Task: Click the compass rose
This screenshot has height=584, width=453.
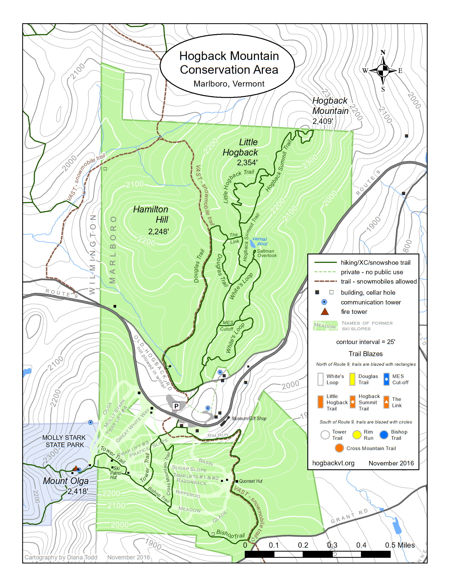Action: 383,70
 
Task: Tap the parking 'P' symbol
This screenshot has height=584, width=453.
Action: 176,406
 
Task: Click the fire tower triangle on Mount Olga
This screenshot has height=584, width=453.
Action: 76,468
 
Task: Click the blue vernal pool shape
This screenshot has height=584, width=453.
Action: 253,244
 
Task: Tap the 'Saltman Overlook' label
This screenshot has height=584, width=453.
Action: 266,253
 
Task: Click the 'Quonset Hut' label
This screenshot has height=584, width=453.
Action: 251,481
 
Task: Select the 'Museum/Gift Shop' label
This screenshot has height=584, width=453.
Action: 249,418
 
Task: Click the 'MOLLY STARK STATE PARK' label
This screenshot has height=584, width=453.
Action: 64,441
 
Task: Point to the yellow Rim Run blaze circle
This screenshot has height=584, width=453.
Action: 357,435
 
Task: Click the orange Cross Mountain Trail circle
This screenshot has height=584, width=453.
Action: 339,448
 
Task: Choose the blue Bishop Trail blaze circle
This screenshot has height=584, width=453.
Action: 384,435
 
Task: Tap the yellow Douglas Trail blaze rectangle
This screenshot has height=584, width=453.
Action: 352,379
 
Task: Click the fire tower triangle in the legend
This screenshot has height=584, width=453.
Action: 325,312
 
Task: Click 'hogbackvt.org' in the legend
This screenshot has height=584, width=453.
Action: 333,463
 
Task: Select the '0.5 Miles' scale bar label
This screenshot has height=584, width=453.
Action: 400,545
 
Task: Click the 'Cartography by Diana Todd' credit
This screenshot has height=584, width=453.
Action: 61,557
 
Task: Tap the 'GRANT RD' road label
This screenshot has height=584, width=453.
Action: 349,516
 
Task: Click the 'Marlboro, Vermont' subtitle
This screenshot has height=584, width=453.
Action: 229,84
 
